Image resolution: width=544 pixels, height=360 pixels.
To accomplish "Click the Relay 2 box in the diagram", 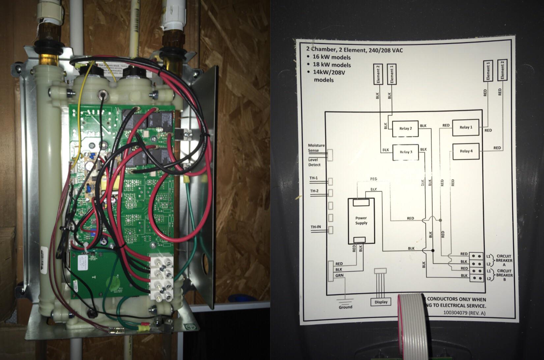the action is (x=405, y=129).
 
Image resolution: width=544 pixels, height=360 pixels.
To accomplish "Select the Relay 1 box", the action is (x=466, y=127).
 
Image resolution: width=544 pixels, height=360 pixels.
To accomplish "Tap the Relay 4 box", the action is (x=466, y=152).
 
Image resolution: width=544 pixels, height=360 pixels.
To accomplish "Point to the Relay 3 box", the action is (x=406, y=152).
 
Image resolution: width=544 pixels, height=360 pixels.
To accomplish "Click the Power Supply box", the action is (x=361, y=221).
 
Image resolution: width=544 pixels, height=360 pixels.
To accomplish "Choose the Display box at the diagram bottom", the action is (x=381, y=302).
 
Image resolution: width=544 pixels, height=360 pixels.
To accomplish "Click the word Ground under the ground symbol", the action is (x=345, y=307).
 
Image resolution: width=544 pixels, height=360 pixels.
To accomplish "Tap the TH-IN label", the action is (x=316, y=227).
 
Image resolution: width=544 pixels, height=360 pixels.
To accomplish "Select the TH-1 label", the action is (x=314, y=178).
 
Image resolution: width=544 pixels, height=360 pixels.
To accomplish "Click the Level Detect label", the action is (x=314, y=162).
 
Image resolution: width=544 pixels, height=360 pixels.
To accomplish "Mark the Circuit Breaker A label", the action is (x=504, y=260).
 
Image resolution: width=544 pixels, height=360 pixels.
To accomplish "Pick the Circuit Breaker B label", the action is (x=504, y=275).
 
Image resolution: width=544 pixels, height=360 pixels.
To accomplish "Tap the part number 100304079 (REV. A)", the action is (x=464, y=313).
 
